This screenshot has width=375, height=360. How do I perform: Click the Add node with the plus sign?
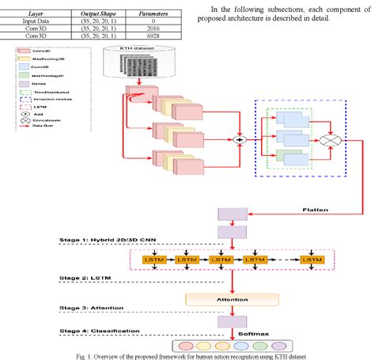point(235,142)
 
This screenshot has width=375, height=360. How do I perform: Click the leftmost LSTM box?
point(150,260)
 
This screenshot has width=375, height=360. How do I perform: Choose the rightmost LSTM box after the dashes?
point(313,260)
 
